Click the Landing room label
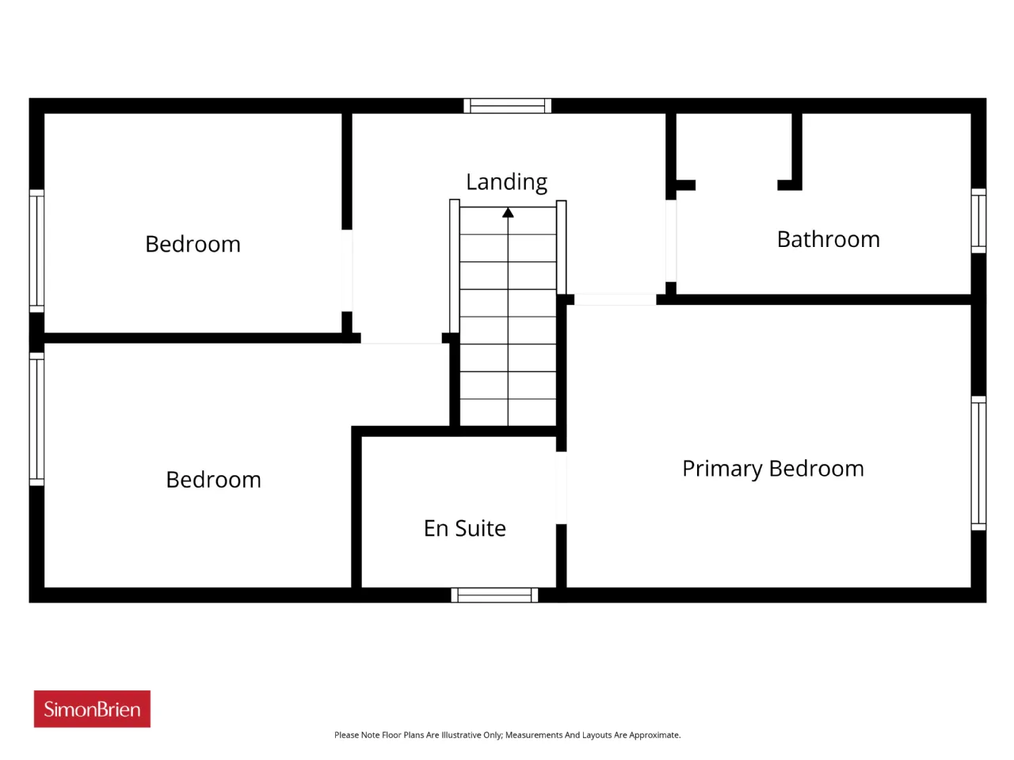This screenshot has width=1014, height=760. tap(506, 183)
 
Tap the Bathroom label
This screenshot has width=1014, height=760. tap(828, 240)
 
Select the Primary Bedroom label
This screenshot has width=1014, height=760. tap(773, 469)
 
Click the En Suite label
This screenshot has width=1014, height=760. tap(464, 528)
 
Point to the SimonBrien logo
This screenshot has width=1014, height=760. tap(92, 709)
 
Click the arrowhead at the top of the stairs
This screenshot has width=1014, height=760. tap(508, 212)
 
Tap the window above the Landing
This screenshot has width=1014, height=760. tap(507, 105)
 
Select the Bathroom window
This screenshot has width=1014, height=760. tap(978, 221)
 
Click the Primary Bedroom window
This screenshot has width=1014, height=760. tap(978, 463)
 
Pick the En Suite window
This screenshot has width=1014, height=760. tap(494, 595)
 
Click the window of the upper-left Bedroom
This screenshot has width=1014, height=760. tap(36, 251)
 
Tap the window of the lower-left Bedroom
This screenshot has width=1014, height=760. tap(36, 419)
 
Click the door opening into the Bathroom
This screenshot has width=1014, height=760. tap(671, 241)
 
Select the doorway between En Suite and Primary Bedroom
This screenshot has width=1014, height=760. tap(561, 488)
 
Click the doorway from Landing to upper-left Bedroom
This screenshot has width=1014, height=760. tap(347, 271)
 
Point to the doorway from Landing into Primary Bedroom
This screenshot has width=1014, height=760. tap(615, 299)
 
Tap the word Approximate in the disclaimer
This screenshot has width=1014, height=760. tap(654, 735)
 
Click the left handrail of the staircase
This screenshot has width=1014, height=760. tap(454, 266)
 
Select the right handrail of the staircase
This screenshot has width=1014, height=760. tap(561, 247)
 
